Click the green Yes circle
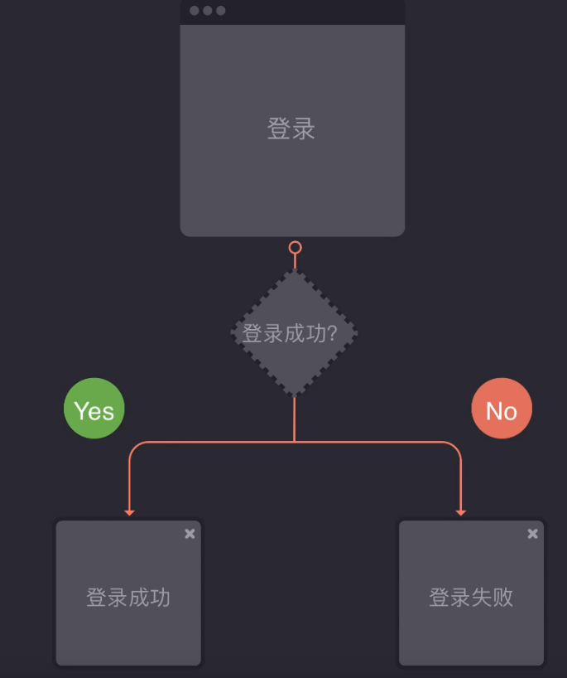[94, 408]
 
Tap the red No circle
[502, 408]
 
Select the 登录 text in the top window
[291, 129]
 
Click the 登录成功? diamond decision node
[294, 332]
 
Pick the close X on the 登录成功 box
[190, 534]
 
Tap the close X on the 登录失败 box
[533, 534]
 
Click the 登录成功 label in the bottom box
[128, 597]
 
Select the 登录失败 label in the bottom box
[471, 597]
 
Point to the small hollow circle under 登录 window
[295, 247]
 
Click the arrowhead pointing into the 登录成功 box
[129, 513]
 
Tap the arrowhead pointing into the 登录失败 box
[461, 513]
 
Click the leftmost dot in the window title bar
[195, 11]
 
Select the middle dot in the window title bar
[208, 11]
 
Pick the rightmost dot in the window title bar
[221, 11]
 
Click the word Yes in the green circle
[94, 410]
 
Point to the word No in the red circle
[502, 410]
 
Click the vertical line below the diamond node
[295, 419]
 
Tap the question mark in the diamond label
[333, 333]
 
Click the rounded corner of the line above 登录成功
[134, 447]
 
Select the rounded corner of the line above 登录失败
[456, 447]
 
